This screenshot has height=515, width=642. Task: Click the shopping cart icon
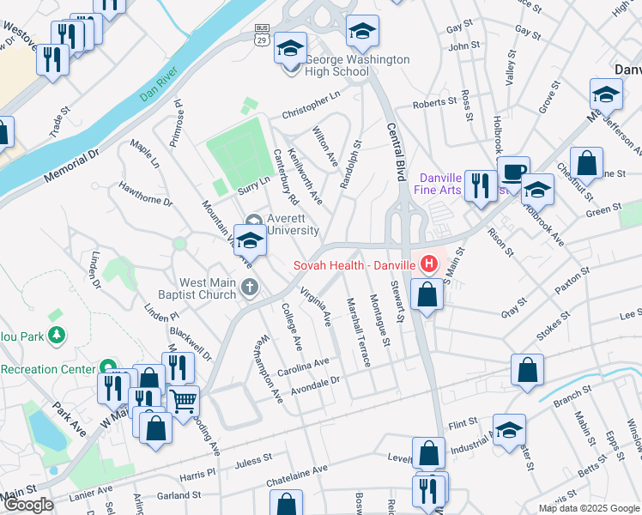pyautogui.click(x=185, y=399)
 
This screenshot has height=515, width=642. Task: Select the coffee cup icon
pyautogui.click(x=513, y=171)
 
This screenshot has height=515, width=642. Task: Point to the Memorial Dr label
pyautogui.click(x=72, y=167)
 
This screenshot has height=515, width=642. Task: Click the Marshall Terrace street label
pyautogui.click(x=358, y=331)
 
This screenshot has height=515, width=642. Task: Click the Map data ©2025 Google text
pyautogui.click(x=590, y=508)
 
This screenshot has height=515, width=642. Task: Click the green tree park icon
pyautogui.click(x=56, y=333)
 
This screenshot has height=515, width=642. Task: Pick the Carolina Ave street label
pyautogui.click(x=304, y=368)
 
